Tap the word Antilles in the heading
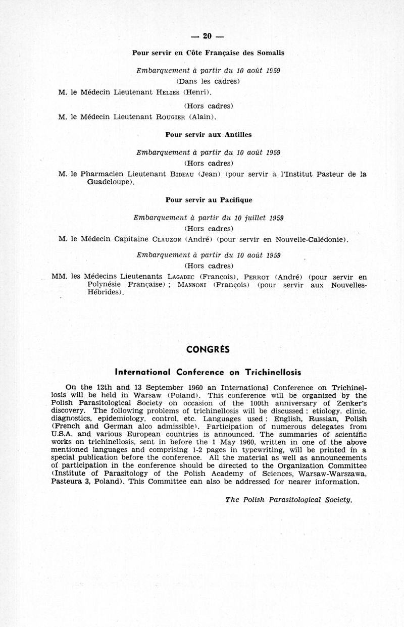tap(235, 135)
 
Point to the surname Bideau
tap(182, 174)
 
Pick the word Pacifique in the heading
tap(235, 200)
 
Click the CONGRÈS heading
tap(208, 349)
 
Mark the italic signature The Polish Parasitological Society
tap(288, 499)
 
